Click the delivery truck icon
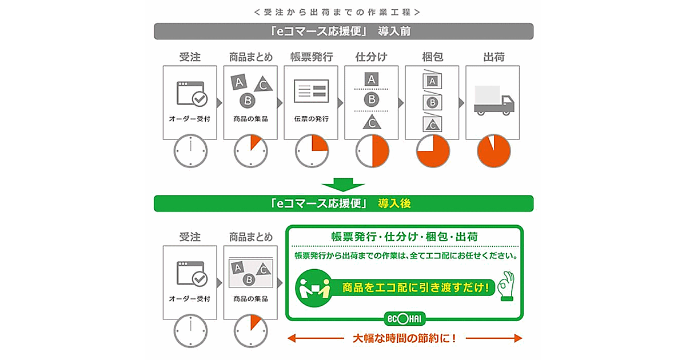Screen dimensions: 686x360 [x=494, y=101]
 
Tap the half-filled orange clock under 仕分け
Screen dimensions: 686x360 [x=372, y=151]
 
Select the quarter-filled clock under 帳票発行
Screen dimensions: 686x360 [x=312, y=151]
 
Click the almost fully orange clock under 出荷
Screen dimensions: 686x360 [x=494, y=151]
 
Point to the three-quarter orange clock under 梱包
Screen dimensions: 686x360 [x=433, y=151]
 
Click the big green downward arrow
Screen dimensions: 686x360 [x=343, y=185]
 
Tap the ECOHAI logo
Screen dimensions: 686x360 [x=405, y=319]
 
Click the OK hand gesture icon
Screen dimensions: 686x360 [x=506, y=286]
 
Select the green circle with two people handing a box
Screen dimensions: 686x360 [x=314, y=288]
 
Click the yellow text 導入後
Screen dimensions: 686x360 [x=394, y=203]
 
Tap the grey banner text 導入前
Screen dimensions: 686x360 [x=394, y=31]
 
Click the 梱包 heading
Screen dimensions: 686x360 [x=432, y=57]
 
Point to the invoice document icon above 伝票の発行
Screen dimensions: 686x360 [x=311, y=91]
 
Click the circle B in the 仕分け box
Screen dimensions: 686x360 [x=372, y=99]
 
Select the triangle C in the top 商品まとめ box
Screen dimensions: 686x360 [x=263, y=84]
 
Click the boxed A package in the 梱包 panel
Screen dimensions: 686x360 [x=432, y=80]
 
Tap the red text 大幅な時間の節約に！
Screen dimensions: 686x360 [x=404, y=338]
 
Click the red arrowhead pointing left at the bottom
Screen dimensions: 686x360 [x=292, y=338]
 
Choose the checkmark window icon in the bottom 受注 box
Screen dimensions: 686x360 [x=192, y=273]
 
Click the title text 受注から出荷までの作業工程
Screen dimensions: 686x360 [x=337, y=12]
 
